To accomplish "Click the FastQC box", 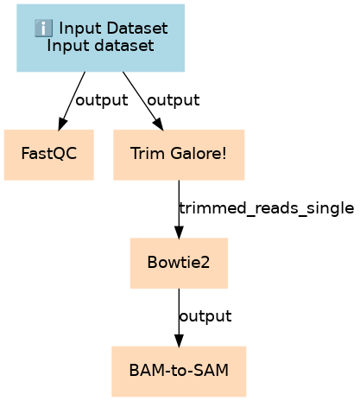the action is coord(49,155).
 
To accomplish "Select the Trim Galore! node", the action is coord(179,155).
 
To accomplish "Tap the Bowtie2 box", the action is coord(179,264).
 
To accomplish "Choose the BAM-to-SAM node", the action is coord(179,372).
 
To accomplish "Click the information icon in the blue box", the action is coord(43,29).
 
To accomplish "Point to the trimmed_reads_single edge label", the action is coord(267,208).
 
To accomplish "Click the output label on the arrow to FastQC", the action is coord(102,100).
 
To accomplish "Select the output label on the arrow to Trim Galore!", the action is coord(174,100).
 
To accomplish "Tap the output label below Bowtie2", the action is coord(205,316).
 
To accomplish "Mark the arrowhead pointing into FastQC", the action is coord(62,124).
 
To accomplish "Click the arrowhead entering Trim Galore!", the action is coord(159,124).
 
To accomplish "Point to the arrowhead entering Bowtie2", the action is coord(179,232).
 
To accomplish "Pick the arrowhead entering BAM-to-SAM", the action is coord(179,341).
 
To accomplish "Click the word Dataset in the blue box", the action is coord(137,29).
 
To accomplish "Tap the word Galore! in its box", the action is coord(199,153).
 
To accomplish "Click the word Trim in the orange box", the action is coord(148,153).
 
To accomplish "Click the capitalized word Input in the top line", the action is coord(80,29).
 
